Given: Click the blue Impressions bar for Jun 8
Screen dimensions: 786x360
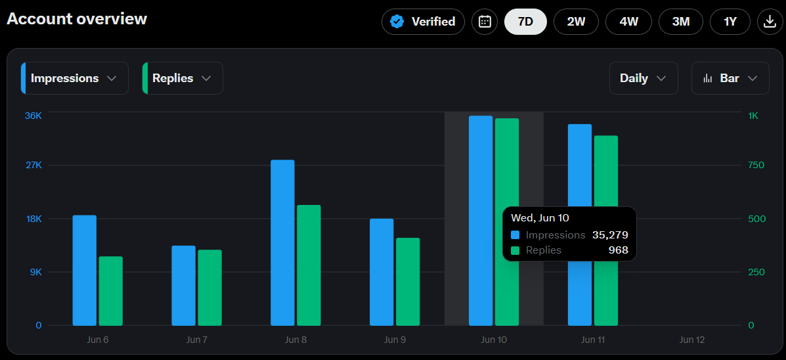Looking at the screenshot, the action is [x=282, y=242].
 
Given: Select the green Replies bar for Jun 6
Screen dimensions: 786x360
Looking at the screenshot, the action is [x=111, y=291].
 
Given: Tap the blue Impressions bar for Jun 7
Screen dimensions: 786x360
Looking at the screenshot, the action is [x=183, y=285].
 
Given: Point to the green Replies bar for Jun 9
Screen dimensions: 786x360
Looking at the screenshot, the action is [x=408, y=282].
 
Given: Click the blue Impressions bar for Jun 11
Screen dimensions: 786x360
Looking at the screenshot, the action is [x=579, y=225].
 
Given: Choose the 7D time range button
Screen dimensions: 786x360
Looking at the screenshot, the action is [x=525, y=22].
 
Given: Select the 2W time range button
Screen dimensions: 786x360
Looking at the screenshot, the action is [x=576, y=22].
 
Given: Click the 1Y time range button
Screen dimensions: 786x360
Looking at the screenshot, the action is [x=730, y=22].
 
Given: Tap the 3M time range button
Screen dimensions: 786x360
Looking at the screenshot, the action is [x=681, y=22].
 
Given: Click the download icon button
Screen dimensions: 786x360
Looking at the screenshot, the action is [x=770, y=22].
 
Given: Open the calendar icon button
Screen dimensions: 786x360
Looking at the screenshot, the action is [x=485, y=22].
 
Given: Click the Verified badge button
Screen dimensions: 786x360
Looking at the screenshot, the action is [x=423, y=22].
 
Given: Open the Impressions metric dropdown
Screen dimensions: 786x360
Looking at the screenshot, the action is [x=75, y=78].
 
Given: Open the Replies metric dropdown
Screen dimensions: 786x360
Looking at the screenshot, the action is [x=183, y=78].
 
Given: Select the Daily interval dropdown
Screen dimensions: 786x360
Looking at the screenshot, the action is [x=644, y=78].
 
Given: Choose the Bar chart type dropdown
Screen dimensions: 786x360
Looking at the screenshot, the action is [x=730, y=78].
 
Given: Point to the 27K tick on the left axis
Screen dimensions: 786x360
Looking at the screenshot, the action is [x=33, y=166].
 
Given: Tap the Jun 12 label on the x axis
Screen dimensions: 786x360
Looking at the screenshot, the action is [x=692, y=340].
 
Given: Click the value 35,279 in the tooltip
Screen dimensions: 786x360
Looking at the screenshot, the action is [x=610, y=235].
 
